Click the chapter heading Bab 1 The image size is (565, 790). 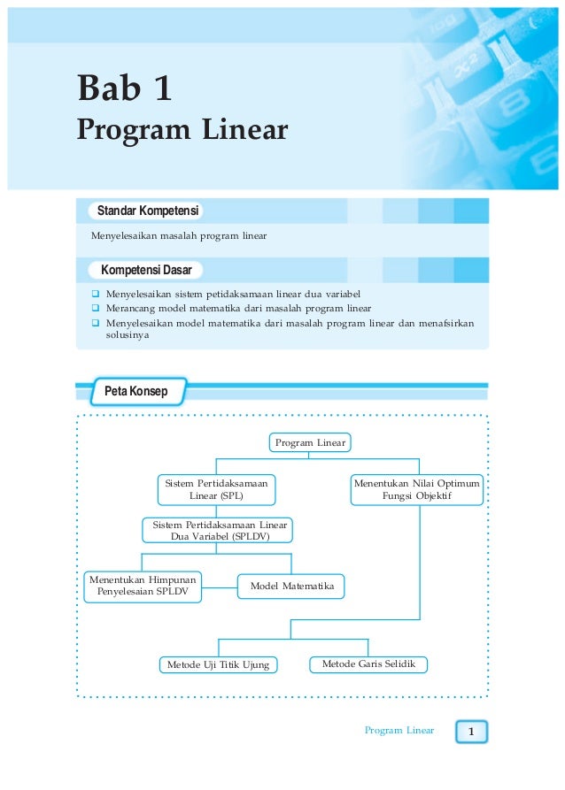click(x=124, y=88)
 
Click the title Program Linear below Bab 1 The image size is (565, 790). click(x=182, y=130)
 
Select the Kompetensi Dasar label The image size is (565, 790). click(x=146, y=269)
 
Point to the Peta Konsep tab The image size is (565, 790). click(x=135, y=391)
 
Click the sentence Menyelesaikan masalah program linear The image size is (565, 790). click(x=178, y=236)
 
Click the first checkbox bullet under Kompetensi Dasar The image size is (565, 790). click(x=95, y=293)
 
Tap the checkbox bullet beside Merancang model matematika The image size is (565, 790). click(x=95, y=309)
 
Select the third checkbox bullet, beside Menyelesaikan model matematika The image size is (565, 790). click(x=95, y=324)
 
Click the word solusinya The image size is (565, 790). click(x=128, y=337)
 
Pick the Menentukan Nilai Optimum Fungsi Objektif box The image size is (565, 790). click(x=416, y=490)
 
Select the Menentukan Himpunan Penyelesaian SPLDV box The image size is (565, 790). click(x=143, y=586)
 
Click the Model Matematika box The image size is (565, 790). click(x=291, y=586)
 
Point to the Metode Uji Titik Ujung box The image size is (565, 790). click(x=218, y=664)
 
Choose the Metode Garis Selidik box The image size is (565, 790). click(x=368, y=663)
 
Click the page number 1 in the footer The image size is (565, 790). click(x=472, y=732)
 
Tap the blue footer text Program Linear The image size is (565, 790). click(x=399, y=731)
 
